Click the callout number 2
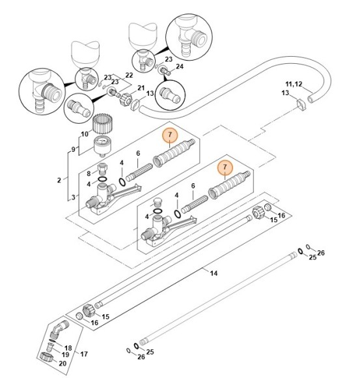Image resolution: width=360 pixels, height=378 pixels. click(59, 180)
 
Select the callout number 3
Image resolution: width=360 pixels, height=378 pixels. click(73, 197)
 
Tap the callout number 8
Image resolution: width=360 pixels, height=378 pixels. click(89, 173)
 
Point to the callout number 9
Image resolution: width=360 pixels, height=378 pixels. click(73, 149)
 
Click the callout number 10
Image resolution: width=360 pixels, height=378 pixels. click(85, 134)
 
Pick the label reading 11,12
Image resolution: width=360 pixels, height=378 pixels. click(294, 84)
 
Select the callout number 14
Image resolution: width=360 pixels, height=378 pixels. click(214, 273)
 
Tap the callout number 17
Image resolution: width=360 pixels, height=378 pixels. click(84, 354)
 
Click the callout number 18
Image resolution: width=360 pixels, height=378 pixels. click(68, 348)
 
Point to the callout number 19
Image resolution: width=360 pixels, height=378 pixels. click(65, 355)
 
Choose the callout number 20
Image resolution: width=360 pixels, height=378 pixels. click(62, 363)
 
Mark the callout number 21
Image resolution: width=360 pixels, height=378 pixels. click(141, 88)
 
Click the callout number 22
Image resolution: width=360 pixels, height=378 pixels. click(129, 75)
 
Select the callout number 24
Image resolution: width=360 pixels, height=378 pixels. click(180, 66)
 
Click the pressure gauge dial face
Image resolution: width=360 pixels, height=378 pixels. click(102, 141)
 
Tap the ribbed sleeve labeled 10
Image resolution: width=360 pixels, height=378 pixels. click(103, 123)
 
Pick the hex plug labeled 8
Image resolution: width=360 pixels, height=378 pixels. click(103, 169)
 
